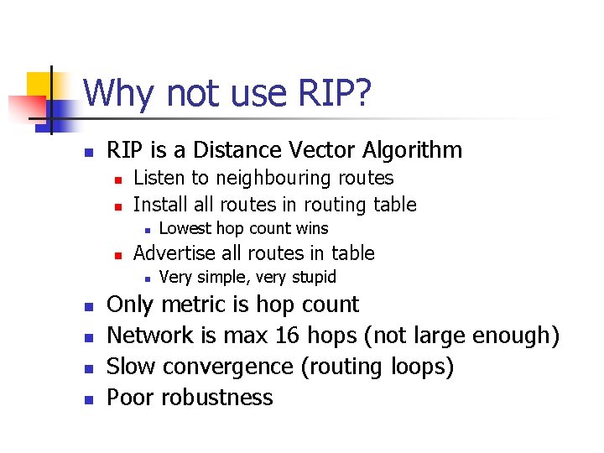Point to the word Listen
pos(159,178)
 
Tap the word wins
pos(312,228)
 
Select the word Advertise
pos(175,253)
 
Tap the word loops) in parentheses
pos(423,367)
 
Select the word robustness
pos(217,397)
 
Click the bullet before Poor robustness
pos(87,398)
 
